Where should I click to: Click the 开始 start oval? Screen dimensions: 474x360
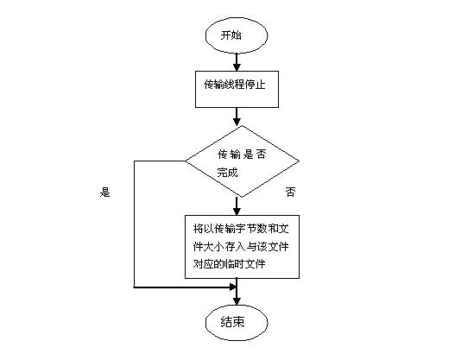pyautogui.click(x=237, y=35)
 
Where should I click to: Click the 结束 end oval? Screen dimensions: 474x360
pyautogui.click(x=237, y=323)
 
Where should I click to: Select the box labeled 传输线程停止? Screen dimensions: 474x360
pyautogui.click(x=237, y=89)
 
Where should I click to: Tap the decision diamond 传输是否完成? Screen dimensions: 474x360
pyautogui.click(x=242, y=161)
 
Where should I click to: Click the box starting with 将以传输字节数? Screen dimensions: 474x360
pyautogui.click(x=242, y=247)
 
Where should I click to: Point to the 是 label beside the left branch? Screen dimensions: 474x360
pyautogui.click(x=104, y=192)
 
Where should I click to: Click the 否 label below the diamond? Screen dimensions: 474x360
pyautogui.click(x=290, y=192)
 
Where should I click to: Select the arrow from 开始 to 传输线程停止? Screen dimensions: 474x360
pyautogui.click(x=237, y=62)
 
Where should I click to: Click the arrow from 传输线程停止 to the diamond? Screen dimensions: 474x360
pyautogui.click(x=237, y=117)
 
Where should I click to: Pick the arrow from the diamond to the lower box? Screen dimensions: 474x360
pyautogui.click(x=237, y=206)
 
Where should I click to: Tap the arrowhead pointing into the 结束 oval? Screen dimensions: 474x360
pyautogui.click(x=237, y=301)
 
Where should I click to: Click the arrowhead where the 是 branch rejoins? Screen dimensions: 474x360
pyautogui.click(x=233, y=287)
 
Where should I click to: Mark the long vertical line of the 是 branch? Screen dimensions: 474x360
pyautogui.click(x=134, y=224)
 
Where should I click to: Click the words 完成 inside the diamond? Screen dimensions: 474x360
pyautogui.click(x=227, y=173)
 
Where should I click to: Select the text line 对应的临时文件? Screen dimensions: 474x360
pyautogui.click(x=229, y=264)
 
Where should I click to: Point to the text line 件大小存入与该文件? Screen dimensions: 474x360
pyautogui.click(x=241, y=247)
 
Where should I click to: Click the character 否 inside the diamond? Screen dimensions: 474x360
pyautogui.click(x=261, y=155)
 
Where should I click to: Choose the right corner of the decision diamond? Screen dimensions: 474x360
pyautogui.click(x=300, y=161)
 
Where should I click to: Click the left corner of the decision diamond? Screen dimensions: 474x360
pyautogui.click(x=185, y=161)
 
